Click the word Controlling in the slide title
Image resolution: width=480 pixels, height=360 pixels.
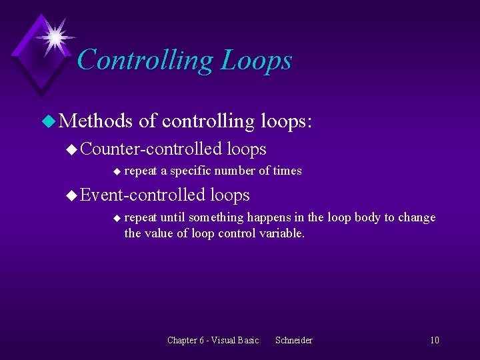145,60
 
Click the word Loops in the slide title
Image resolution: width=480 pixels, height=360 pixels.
256,60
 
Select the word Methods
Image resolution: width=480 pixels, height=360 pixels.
96,121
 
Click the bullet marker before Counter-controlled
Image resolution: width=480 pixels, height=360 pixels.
72,149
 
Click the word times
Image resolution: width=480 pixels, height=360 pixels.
287,171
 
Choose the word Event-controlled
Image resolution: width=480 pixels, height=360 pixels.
143,195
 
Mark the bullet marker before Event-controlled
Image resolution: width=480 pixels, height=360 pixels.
72,195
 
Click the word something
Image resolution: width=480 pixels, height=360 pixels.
216,217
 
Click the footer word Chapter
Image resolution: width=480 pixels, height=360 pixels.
182,340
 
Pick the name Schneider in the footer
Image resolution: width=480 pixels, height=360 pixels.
293,340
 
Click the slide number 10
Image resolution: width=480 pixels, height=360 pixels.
434,340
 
